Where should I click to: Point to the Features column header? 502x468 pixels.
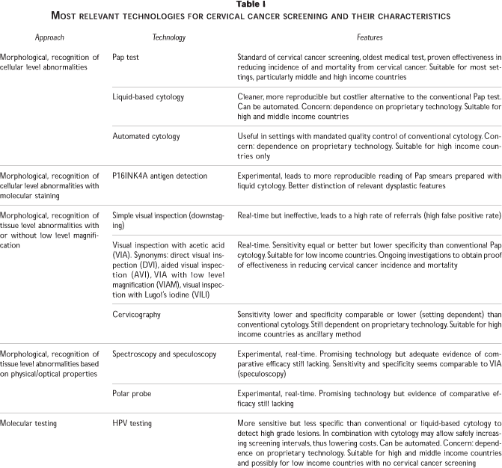tap(366, 37)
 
